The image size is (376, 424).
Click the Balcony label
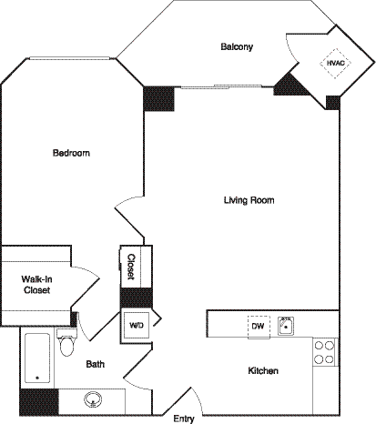point(236,46)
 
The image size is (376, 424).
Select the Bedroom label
point(71,153)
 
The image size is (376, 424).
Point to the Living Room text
point(249,200)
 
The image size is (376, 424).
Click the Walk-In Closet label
point(36,284)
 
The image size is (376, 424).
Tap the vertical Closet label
point(131,267)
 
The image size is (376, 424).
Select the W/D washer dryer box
point(137,325)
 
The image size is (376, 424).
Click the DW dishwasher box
point(258,325)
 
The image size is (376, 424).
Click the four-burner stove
point(325,351)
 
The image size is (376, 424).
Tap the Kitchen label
point(262,371)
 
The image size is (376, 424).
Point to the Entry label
point(184,419)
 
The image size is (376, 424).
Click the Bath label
point(96,364)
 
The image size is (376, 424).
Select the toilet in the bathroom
point(66,345)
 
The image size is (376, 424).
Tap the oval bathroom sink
point(94,398)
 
